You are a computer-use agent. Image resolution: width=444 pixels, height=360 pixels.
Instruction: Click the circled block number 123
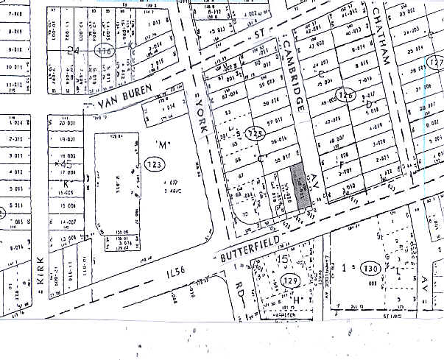pyautogui.click(x=154, y=163)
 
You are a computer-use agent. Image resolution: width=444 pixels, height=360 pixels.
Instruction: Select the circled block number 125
pyautogui.click(x=256, y=133)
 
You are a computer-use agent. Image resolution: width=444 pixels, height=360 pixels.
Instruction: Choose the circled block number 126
pyautogui.click(x=346, y=96)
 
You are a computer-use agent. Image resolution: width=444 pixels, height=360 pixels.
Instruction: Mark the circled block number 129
pyautogui.click(x=289, y=280)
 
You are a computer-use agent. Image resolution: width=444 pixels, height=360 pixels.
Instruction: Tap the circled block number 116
pyautogui.click(x=108, y=52)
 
